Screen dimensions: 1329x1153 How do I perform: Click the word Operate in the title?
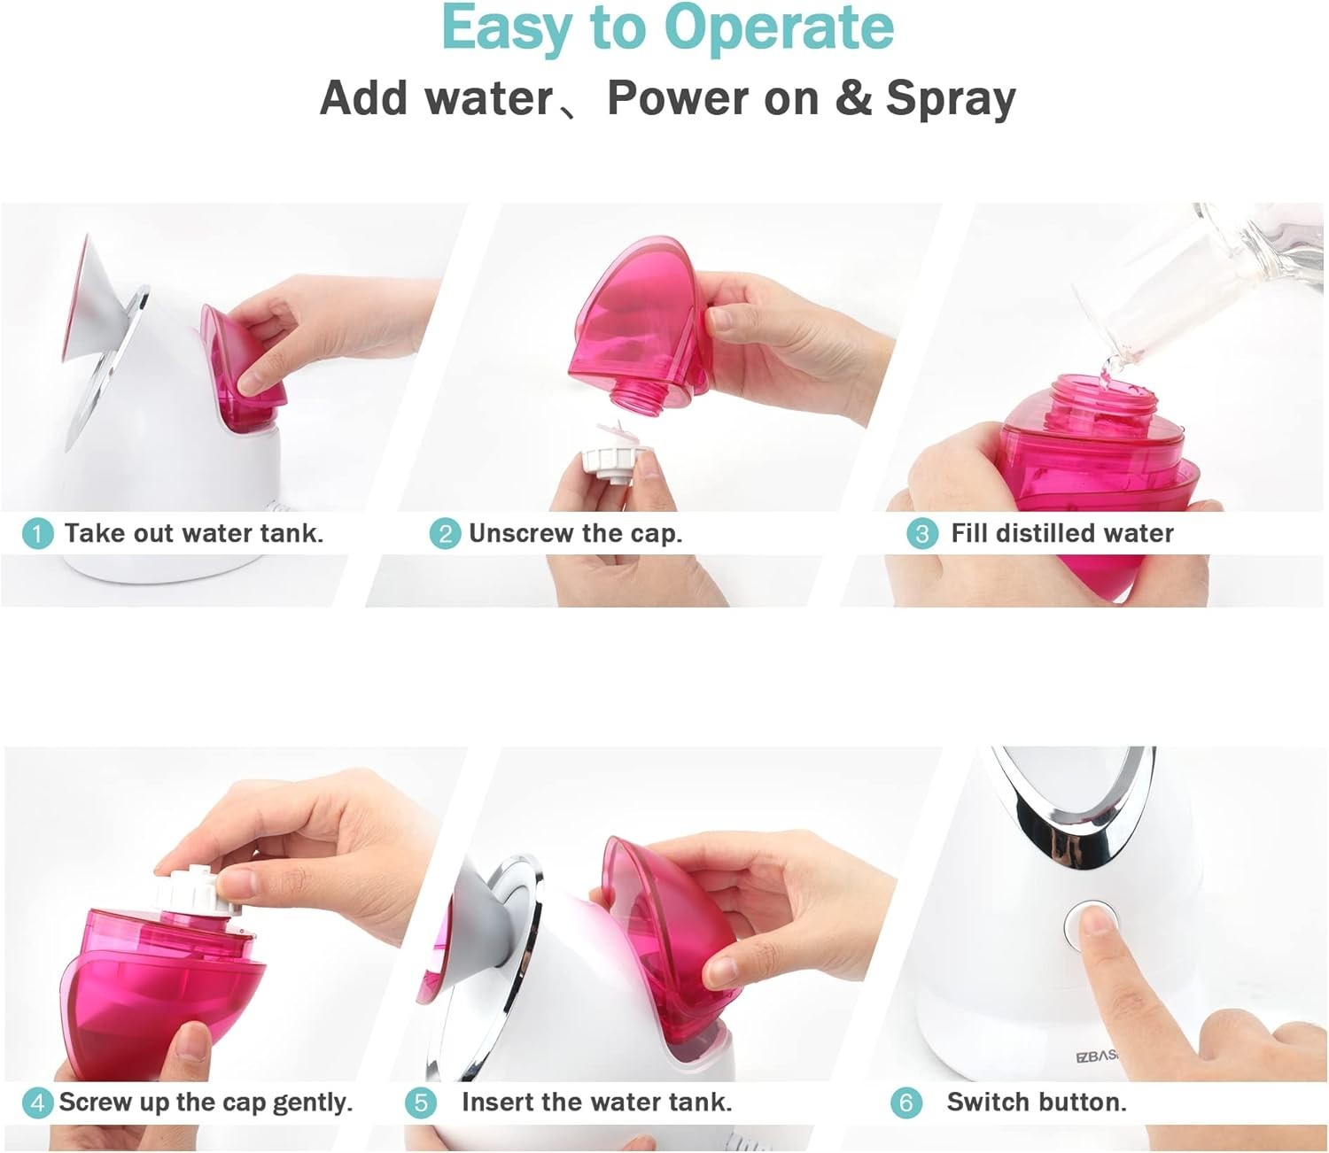pyautogui.click(x=779, y=28)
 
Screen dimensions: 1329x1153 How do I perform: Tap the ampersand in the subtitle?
pyautogui.click(x=853, y=98)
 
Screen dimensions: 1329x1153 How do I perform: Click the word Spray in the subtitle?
pyautogui.click(x=951, y=99)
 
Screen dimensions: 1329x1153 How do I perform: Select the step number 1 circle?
pyautogui.click(x=37, y=534)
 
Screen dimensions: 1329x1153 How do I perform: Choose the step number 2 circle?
pyautogui.click(x=445, y=534)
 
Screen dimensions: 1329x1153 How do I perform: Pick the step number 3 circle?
pyautogui.click(x=922, y=534)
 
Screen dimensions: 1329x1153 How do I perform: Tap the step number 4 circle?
pyautogui.click(x=37, y=1103)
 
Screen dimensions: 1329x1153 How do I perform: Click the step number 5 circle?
pyautogui.click(x=420, y=1103)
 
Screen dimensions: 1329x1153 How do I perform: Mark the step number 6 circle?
pyautogui.click(x=905, y=1103)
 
